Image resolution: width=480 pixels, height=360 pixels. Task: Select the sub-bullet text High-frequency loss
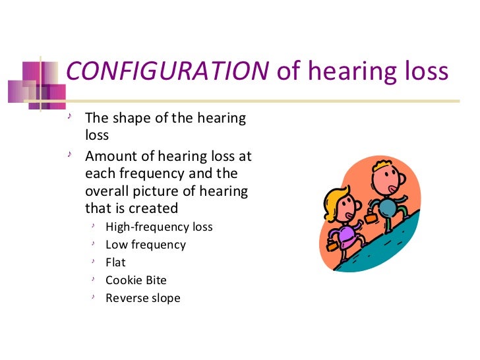click(x=159, y=227)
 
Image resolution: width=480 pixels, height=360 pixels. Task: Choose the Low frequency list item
click(x=146, y=245)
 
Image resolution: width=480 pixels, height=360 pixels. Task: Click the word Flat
click(x=115, y=262)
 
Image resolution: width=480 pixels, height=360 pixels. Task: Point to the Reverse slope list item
click(x=143, y=298)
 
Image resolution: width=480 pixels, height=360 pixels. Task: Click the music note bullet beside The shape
click(x=71, y=118)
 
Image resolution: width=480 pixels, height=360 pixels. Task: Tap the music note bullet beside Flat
click(x=94, y=262)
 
